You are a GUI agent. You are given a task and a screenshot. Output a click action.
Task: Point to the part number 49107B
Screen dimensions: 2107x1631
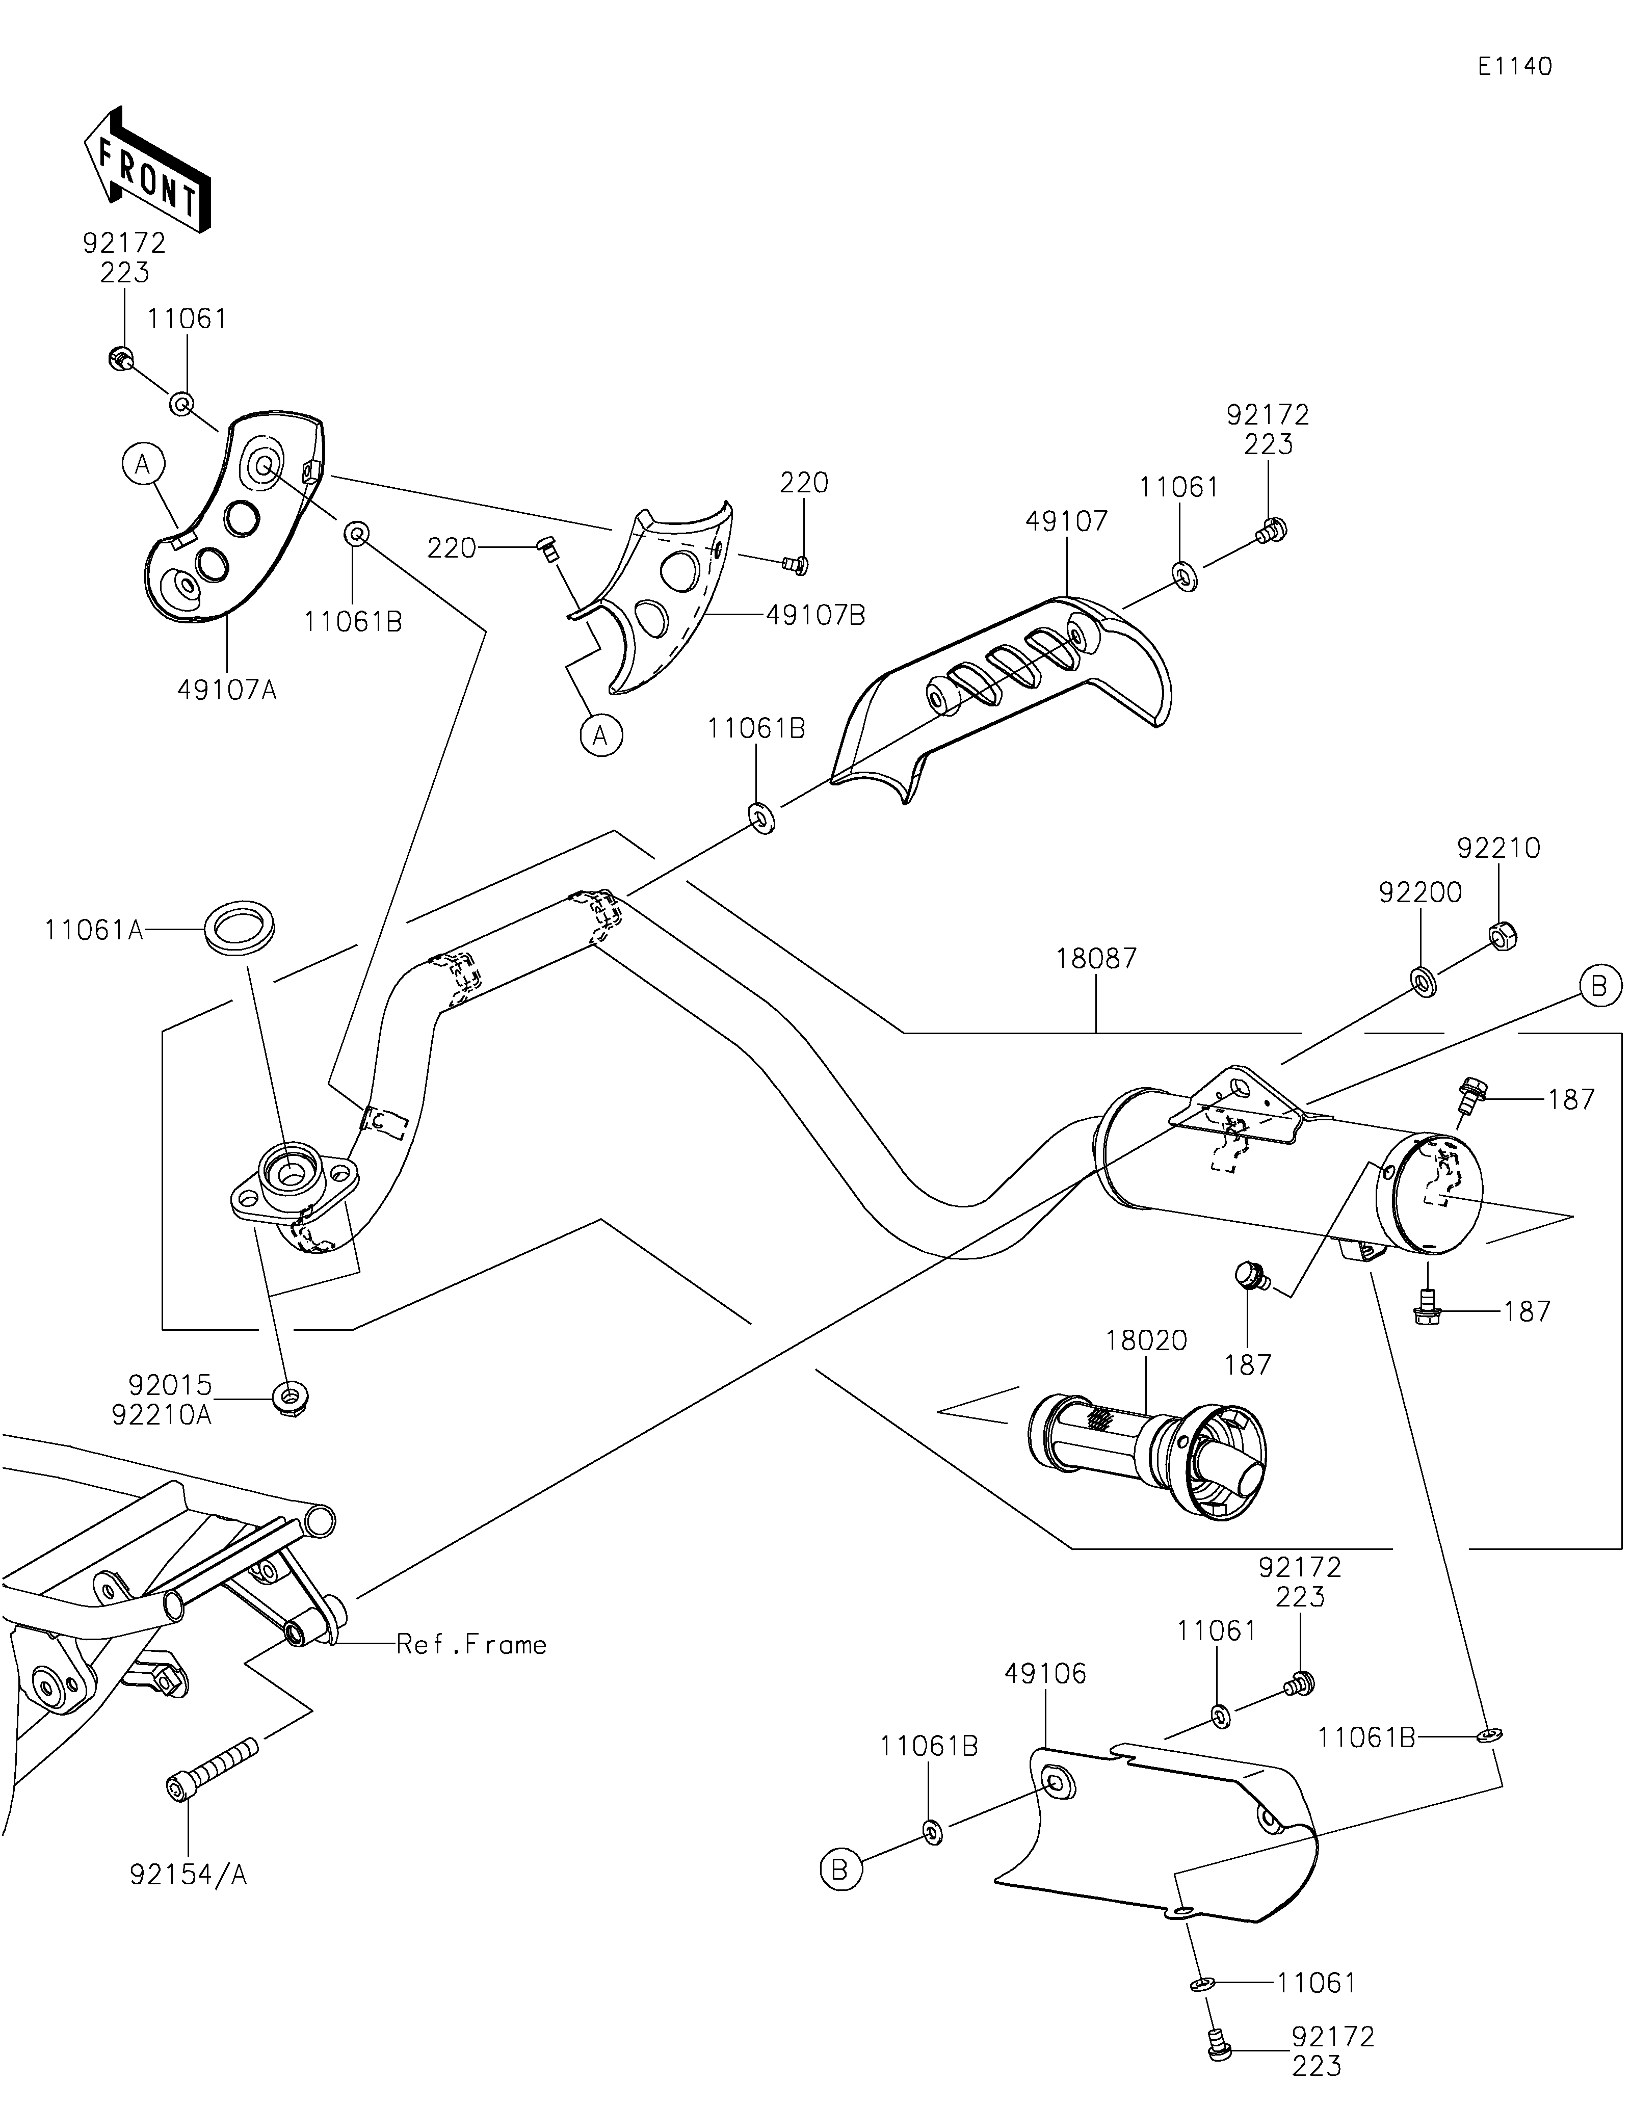[x=815, y=615]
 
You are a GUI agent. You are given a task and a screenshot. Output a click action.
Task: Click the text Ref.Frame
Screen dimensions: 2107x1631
[x=471, y=1645]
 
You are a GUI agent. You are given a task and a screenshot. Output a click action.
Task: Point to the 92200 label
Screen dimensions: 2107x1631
[x=1420, y=892]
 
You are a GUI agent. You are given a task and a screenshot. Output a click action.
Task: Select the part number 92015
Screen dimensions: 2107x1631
[x=170, y=1385]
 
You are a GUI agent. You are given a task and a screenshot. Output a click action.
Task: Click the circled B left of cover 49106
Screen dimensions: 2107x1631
[x=839, y=1869]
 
